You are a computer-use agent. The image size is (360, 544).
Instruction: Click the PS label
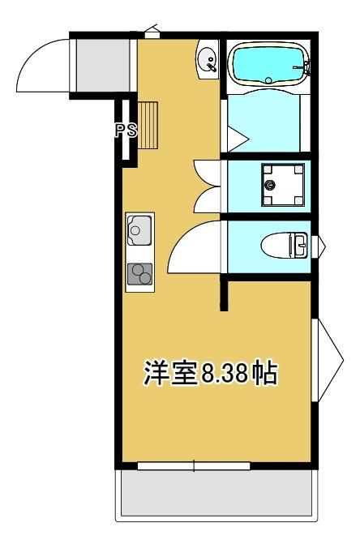(x=126, y=131)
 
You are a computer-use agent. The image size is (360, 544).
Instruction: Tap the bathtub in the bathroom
(x=268, y=65)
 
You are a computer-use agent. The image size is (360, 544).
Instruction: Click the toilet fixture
(x=285, y=243)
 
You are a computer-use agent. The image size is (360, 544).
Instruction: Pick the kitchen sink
(x=139, y=231)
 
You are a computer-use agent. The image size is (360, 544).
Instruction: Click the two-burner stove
(x=139, y=275)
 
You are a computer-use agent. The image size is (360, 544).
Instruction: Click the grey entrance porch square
(x=100, y=66)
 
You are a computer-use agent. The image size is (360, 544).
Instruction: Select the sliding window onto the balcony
(x=195, y=465)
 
